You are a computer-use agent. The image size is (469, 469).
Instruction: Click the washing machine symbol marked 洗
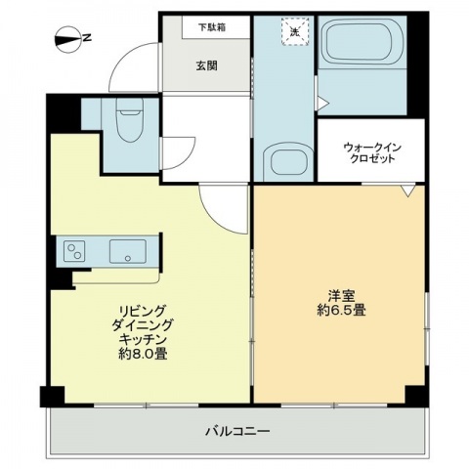292,31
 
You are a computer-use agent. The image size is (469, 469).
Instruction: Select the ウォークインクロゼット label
372,153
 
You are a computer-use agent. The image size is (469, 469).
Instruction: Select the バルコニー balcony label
237,430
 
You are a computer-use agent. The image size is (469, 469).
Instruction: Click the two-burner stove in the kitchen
75,252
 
